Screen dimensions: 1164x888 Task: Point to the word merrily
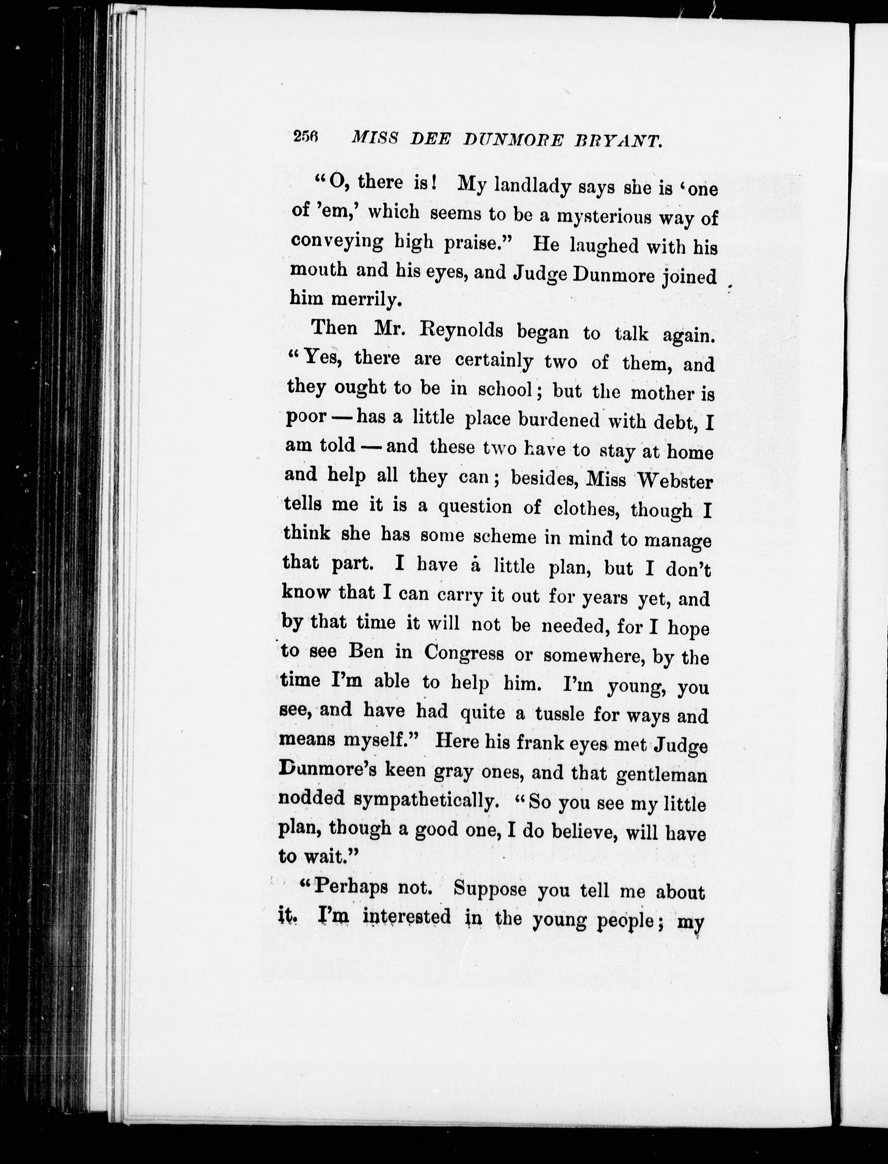point(367,300)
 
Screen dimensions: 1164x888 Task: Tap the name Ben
point(366,652)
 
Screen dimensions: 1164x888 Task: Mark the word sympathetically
point(426,800)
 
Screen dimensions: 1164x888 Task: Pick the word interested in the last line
point(407,917)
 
